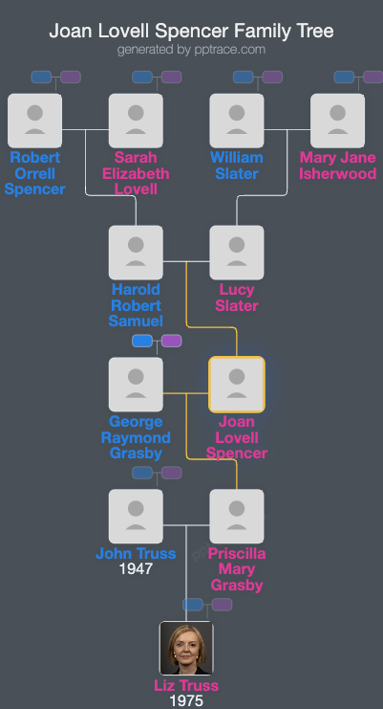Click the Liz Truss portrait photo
pyautogui.click(x=186, y=649)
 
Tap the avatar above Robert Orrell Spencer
pyautogui.click(x=34, y=121)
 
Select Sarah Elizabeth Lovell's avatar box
pyautogui.click(x=136, y=121)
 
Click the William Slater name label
pyautogui.click(x=236, y=166)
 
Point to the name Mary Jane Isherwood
pyautogui.click(x=337, y=166)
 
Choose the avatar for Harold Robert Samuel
pyautogui.click(x=136, y=253)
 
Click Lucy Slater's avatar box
pyautogui.click(x=236, y=253)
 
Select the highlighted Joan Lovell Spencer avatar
pyautogui.click(x=236, y=385)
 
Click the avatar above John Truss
pyautogui.click(x=136, y=517)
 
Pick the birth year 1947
pyautogui.click(x=136, y=569)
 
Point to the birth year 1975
pyautogui.click(x=186, y=701)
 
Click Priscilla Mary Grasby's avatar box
pyautogui.click(x=236, y=517)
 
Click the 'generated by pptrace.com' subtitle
pyautogui.click(x=191, y=50)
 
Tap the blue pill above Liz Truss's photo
pyautogui.click(x=193, y=605)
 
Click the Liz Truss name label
pyautogui.click(x=186, y=685)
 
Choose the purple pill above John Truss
pyautogui.click(x=171, y=473)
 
